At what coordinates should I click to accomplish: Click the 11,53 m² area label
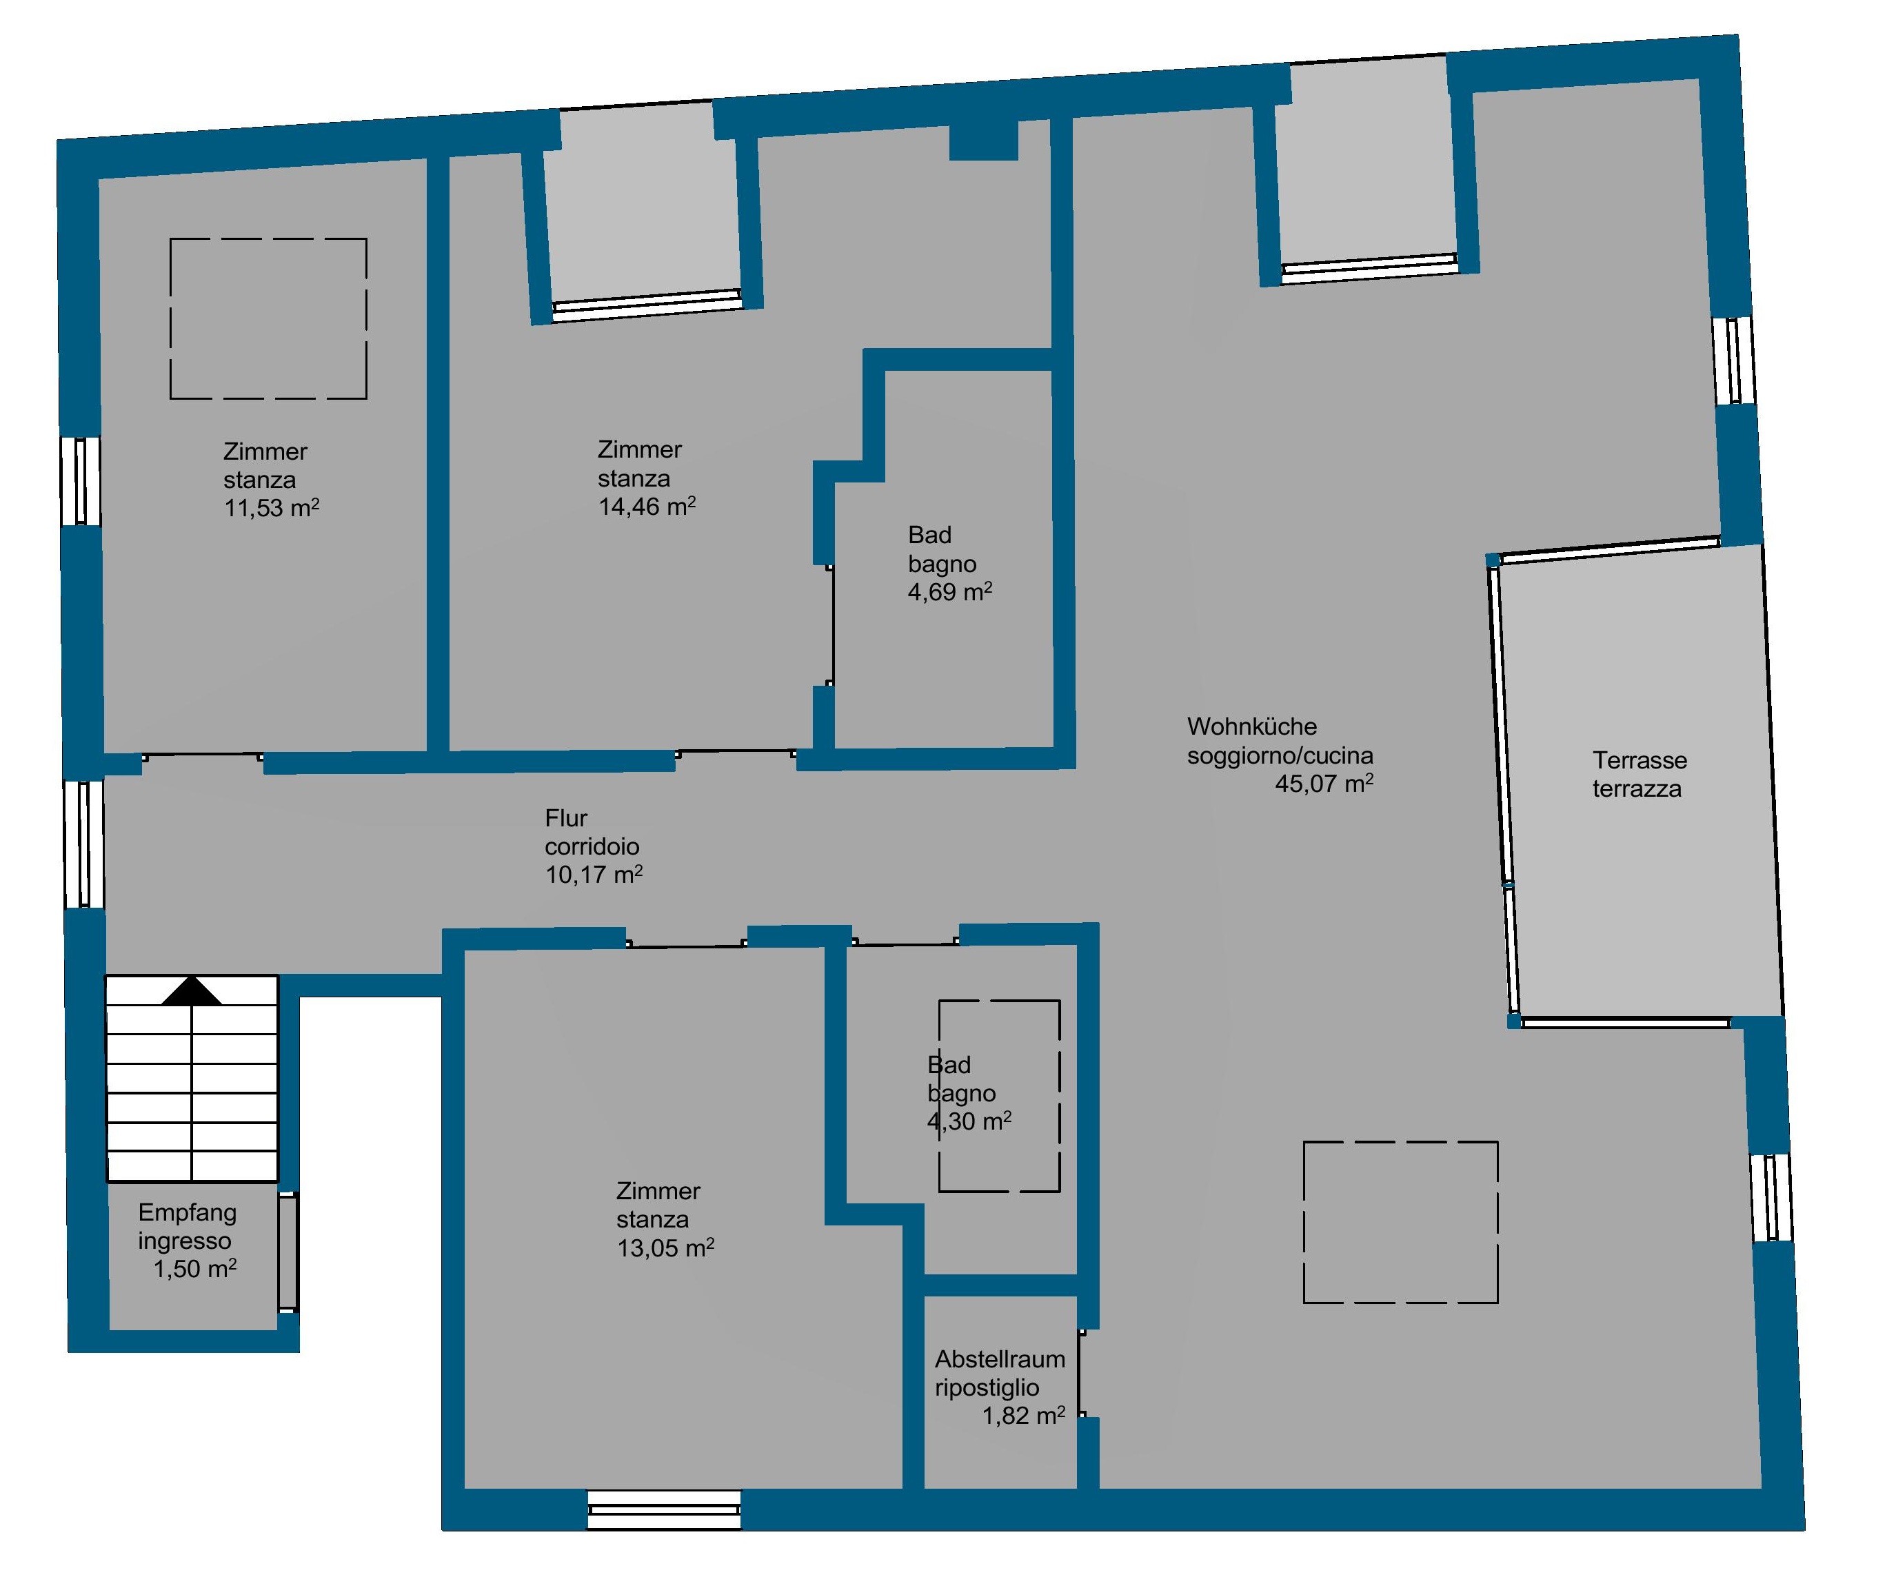[272, 507]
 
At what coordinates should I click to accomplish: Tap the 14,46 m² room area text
[647, 506]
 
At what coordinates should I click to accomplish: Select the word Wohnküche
[1251, 726]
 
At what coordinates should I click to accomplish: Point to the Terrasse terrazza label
[1639, 775]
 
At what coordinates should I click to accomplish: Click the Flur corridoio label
[592, 833]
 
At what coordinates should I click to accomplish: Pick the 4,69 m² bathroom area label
[950, 591]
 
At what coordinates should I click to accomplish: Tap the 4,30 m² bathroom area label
[969, 1121]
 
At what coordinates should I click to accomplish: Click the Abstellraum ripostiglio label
[1000, 1373]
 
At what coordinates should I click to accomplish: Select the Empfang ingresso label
[187, 1226]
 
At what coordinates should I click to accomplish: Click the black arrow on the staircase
[192, 990]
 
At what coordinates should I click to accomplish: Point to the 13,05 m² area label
[665, 1247]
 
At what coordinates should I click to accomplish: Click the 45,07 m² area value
[1324, 783]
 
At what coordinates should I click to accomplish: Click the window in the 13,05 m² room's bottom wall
[665, 1509]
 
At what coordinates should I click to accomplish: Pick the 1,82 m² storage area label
[1024, 1415]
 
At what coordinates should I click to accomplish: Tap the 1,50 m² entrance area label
[195, 1268]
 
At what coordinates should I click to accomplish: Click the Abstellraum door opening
[1081, 1372]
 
